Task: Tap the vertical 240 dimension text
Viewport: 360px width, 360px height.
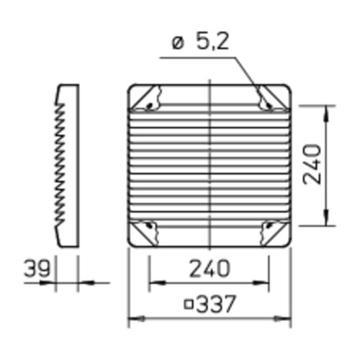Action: (x=312, y=164)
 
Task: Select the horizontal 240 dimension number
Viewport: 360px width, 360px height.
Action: (x=210, y=269)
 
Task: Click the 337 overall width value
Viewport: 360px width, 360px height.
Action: (x=216, y=304)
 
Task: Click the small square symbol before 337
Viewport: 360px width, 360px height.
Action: (x=189, y=305)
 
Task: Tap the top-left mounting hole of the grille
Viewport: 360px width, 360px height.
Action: (x=150, y=106)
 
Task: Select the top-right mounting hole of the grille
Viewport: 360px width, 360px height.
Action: (x=268, y=105)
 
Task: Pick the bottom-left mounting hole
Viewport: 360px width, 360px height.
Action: (x=150, y=225)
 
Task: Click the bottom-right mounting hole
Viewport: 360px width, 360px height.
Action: (x=269, y=225)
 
